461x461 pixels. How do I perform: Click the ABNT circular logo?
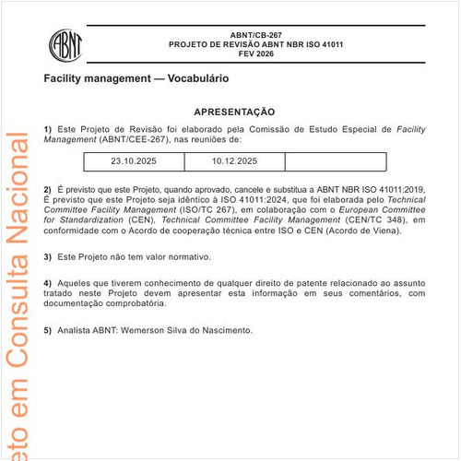(65, 42)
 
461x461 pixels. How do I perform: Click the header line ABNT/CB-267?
(255, 33)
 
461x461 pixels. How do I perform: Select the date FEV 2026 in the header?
(255, 54)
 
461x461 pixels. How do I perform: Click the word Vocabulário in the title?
(201, 79)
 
